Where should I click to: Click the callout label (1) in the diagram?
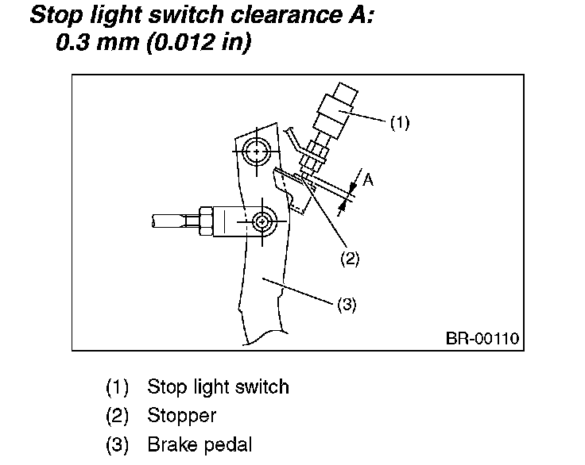(399, 123)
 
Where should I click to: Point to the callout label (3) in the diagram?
(347, 305)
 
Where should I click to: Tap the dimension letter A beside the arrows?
(368, 181)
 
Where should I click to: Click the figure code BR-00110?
(482, 339)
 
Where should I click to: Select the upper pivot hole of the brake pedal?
(257, 149)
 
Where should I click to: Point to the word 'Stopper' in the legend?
(181, 416)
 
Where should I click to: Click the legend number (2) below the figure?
(118, 416)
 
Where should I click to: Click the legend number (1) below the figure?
(118, 387)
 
